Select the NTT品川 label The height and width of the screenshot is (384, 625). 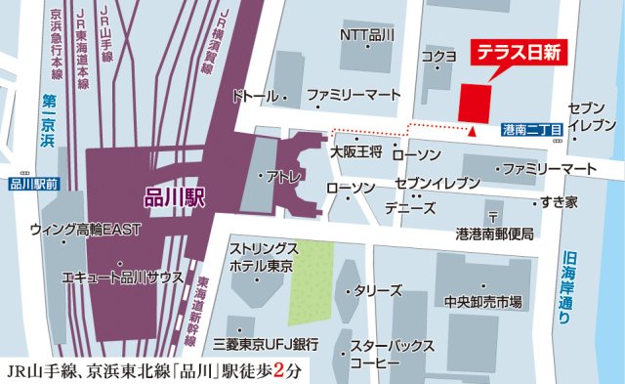pyautogui.click(x=366, y=34)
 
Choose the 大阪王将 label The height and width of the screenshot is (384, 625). pyautogui.click(x=354, y=152)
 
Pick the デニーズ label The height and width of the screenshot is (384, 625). pyautogui.click(x=410, y=208)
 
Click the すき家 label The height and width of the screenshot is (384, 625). pyautogui.click(x=560, y=201)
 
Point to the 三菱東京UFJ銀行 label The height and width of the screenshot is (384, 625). pyautogui.click(x=267, y=345)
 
